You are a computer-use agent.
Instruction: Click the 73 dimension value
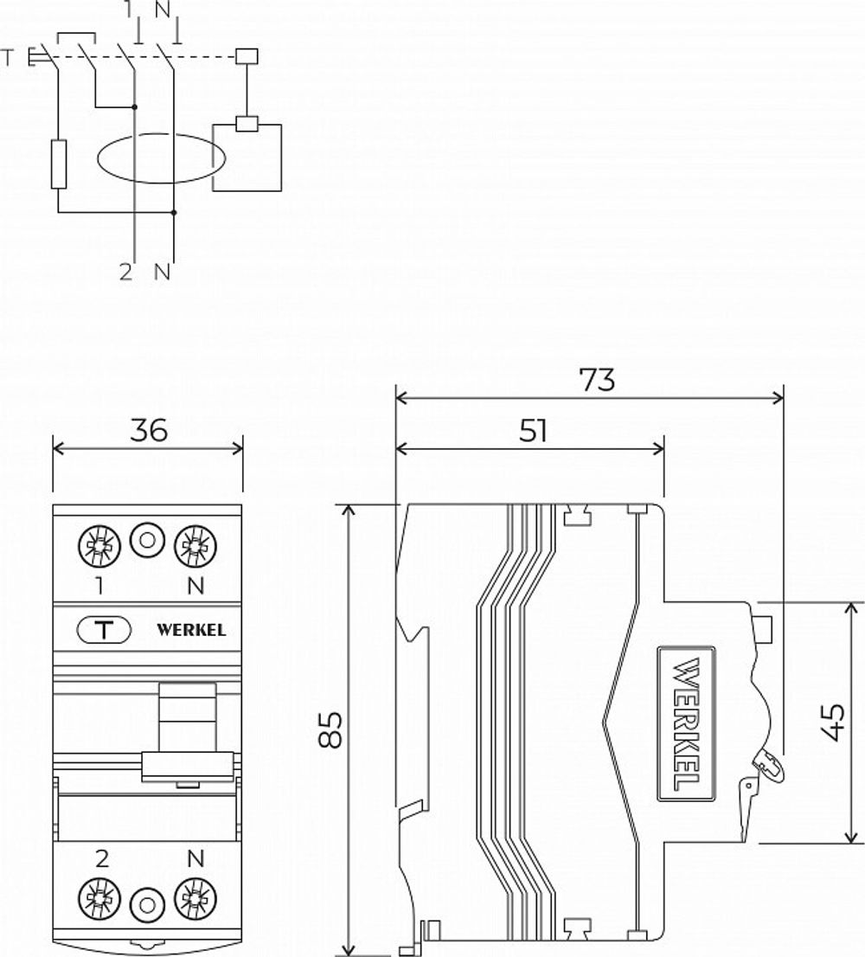pos(598,379)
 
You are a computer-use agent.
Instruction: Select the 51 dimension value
pos(534,430)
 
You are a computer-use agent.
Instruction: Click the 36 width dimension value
pos(148,429)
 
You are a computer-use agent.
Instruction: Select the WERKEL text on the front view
pos(191,630)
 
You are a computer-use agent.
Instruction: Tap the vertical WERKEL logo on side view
pos(687,723)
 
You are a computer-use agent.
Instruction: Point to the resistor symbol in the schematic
pos(58,164)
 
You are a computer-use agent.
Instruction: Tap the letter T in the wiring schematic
pos(9,58)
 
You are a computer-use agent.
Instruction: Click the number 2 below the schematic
pos(126,272)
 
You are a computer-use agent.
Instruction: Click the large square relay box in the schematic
pos(248,157)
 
